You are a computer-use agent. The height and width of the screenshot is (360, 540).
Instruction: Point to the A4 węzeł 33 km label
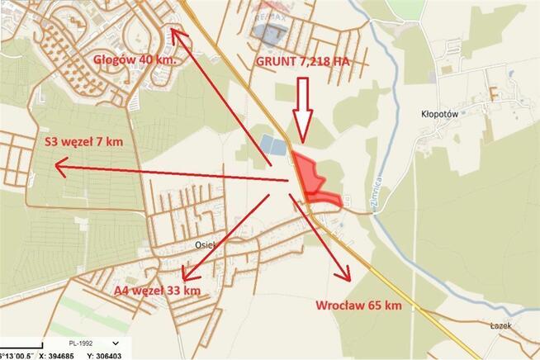coord(158,291)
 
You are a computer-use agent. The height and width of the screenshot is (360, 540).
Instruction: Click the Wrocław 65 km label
coord(358,306)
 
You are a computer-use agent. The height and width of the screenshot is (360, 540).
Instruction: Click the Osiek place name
coord(205,244)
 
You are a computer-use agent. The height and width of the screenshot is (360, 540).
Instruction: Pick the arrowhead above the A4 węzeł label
coord(187,275)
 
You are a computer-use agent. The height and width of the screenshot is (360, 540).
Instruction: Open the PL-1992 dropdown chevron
coord(114,343)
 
